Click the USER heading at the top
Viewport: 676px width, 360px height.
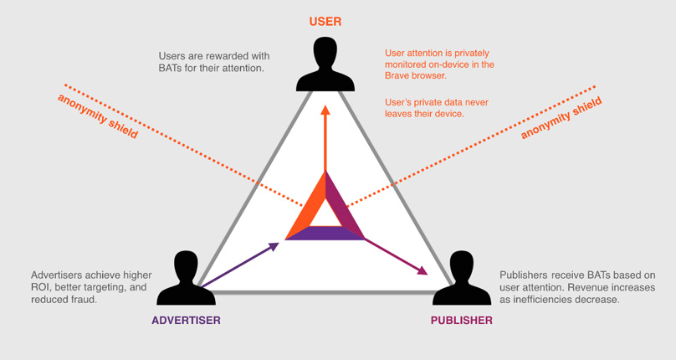tap(325, 18)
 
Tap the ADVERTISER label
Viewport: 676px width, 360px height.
tap(187, 320)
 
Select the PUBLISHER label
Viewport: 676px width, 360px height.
tap(461, 320)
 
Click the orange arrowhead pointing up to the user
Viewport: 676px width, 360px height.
tap(325, 110)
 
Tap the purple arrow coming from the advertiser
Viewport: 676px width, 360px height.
tap(238, 266)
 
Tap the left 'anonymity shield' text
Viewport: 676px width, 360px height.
tap(98, 116)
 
